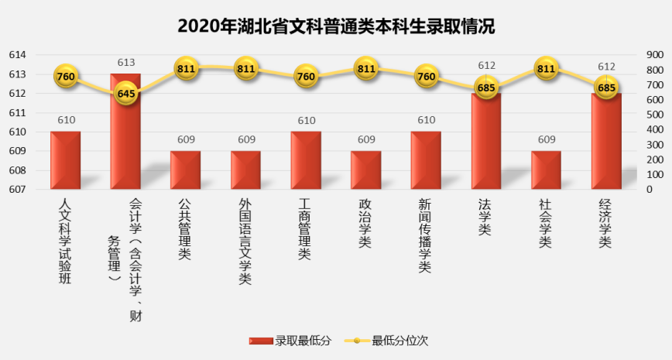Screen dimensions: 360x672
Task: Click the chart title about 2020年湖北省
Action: (336, 26)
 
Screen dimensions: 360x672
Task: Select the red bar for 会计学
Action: (125, 132)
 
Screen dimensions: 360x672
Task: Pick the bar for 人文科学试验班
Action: (66, 160)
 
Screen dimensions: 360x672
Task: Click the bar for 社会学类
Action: (546, 170)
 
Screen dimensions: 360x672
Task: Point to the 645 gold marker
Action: (126, 94)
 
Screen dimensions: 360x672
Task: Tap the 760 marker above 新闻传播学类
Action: (426, 77)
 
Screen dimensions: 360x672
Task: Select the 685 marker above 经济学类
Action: (606, 87)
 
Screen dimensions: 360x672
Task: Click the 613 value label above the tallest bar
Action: (126, 62)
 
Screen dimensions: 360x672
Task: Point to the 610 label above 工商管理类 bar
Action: (307, 120)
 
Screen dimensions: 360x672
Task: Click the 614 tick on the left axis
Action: (18, 55)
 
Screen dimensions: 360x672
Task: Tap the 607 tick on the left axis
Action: (18, 190)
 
